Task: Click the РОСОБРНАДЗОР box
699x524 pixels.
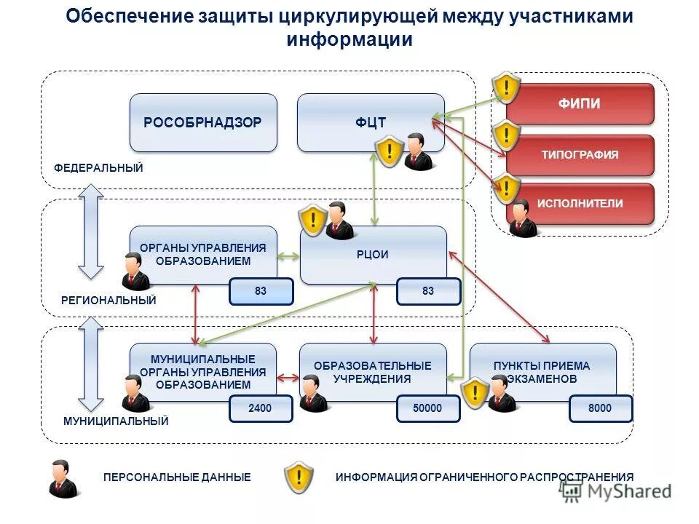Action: pos(203,122)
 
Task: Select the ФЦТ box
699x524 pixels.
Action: pos(371,122)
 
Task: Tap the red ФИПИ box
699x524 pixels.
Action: pos(580,104)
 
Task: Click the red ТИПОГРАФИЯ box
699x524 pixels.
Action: pos(580,154)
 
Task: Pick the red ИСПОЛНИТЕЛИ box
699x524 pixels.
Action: pos(580,204)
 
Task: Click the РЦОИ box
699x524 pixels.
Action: pos(374,255)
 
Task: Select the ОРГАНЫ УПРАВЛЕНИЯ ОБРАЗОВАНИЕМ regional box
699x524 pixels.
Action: pos(203,254)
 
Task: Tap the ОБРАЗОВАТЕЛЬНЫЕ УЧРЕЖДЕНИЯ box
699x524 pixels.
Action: pos(373,372)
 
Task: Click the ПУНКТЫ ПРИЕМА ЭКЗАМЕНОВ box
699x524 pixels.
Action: pos(542,372)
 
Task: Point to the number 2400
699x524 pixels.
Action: pos(260,409)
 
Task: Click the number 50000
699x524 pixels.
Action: pos(428,409)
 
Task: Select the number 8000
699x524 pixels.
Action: pos(600,409)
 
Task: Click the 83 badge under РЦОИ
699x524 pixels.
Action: pos(428,291)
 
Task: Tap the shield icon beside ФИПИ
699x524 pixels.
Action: pos(505,87)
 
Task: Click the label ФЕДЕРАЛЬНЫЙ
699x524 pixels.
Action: pos(98,168)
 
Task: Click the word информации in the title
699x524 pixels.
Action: pos(349,39)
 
